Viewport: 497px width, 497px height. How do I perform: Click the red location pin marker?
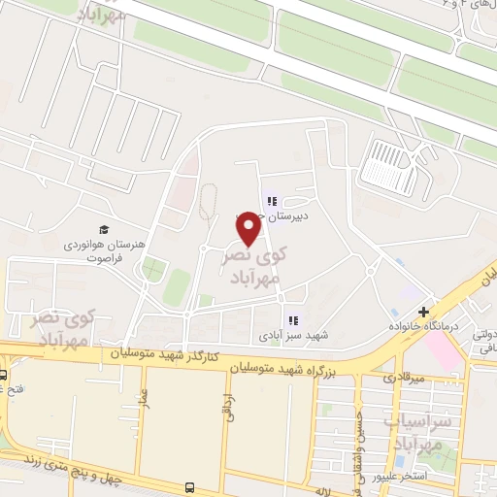(248, 228)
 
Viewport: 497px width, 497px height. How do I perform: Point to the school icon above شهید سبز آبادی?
(292, 319)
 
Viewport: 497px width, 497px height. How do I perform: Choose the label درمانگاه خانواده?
(423, 326)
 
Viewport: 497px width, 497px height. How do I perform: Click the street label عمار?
(143, 399)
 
